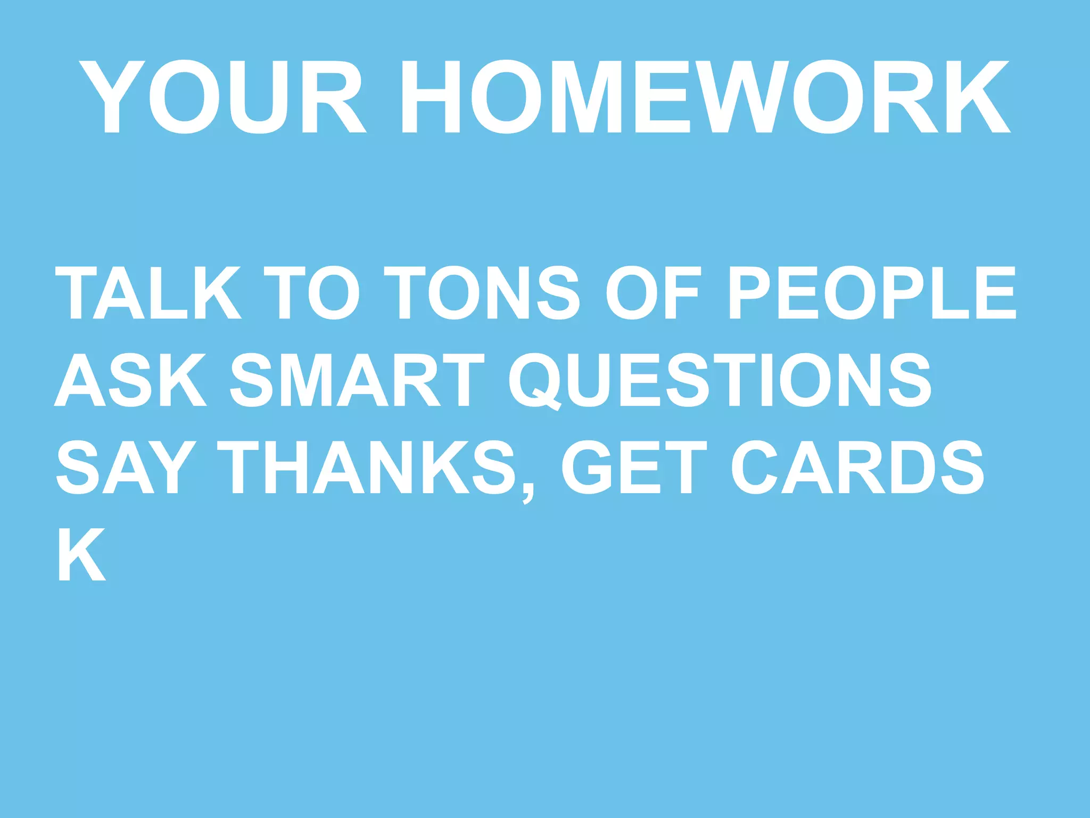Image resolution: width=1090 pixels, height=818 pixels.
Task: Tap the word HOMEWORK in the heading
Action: (706, 96)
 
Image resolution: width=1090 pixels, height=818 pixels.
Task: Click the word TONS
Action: (482, 292)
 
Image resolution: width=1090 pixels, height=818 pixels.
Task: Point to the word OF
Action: (652, 292)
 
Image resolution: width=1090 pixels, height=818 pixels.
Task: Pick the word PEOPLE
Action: (873, 292)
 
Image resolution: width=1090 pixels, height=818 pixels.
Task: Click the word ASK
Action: (130, 380)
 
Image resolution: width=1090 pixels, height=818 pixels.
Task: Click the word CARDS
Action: (857, 467)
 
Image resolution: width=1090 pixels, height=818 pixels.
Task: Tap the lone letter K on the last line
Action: (81, 554)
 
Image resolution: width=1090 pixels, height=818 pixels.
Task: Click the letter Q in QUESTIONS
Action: (534, 381)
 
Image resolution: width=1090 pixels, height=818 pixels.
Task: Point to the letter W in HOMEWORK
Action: (742, 96)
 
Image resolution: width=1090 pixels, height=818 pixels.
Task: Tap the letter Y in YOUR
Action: (112, 96)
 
